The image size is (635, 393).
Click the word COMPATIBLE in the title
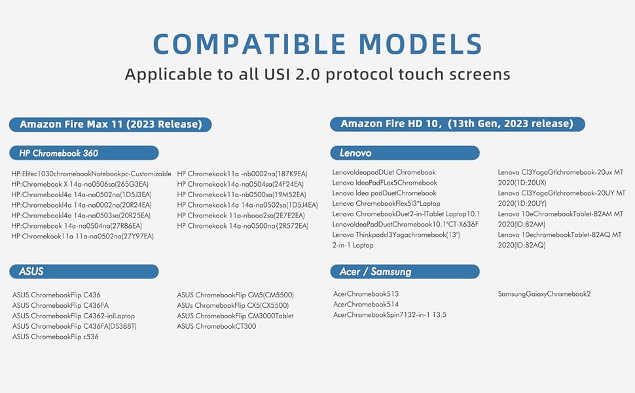(249, 44)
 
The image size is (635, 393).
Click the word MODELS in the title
(420, 44)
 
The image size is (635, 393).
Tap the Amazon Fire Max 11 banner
(110, 124)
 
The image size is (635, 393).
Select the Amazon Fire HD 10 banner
(457, 124)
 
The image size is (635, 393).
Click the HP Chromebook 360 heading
(84, 153)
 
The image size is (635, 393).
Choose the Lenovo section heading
(405, 153)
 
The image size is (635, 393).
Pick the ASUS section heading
(84, 271)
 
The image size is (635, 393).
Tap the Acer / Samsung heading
(405, 271)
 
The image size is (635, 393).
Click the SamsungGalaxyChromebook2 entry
(544, 294)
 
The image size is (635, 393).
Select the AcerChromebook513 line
(366, 294)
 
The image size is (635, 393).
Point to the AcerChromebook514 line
(366, 305)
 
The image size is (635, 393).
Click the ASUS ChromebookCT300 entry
(216, 326)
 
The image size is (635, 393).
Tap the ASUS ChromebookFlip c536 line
(55, 337)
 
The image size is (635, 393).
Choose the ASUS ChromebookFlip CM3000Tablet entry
(235, 316)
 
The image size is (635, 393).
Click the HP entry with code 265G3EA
(80, 184)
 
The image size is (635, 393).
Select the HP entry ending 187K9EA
(242, 174)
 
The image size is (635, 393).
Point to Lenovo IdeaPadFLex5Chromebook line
(385, 183)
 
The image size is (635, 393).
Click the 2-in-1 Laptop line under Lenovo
(353, 245)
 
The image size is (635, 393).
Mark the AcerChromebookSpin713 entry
(390, 315)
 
